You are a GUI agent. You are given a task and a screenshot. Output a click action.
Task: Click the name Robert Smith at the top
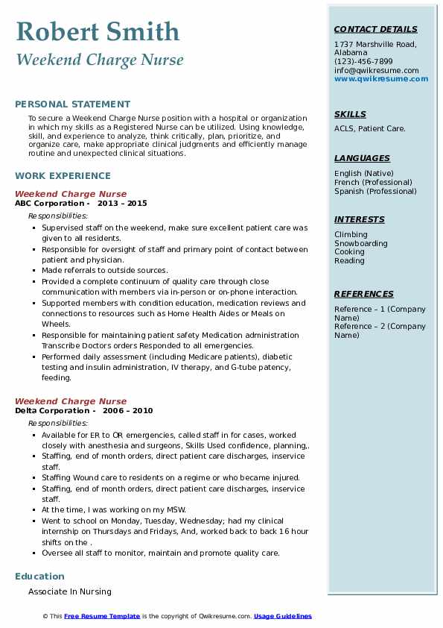click(98, 31)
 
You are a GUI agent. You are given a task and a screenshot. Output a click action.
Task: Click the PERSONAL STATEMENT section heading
click(72, 104)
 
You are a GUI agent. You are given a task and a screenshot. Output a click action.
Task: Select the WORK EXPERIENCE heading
click(63, 176)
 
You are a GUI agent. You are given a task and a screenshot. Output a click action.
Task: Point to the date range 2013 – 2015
click(123, 204)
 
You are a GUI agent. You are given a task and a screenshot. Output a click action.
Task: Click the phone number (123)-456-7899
click(363, 62)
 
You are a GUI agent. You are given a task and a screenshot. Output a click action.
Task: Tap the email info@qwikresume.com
click(376, 71)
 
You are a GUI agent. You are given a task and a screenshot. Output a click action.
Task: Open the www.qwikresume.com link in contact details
click(381, 79)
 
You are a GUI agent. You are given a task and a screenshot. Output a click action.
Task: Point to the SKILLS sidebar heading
click(350, 114)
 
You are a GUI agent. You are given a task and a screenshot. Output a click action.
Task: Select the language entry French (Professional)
click(373, 183)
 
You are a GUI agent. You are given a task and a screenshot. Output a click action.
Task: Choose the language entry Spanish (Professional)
click(375, 192)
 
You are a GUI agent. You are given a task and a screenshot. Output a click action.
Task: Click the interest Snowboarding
click(360, 244)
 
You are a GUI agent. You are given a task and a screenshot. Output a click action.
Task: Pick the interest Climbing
click(351, 235)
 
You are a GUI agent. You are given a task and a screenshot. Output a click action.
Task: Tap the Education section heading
click(39, 577)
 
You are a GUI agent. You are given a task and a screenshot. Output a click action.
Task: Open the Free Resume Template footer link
click(102, 617)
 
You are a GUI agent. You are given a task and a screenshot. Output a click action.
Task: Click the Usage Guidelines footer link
click(282, 617)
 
